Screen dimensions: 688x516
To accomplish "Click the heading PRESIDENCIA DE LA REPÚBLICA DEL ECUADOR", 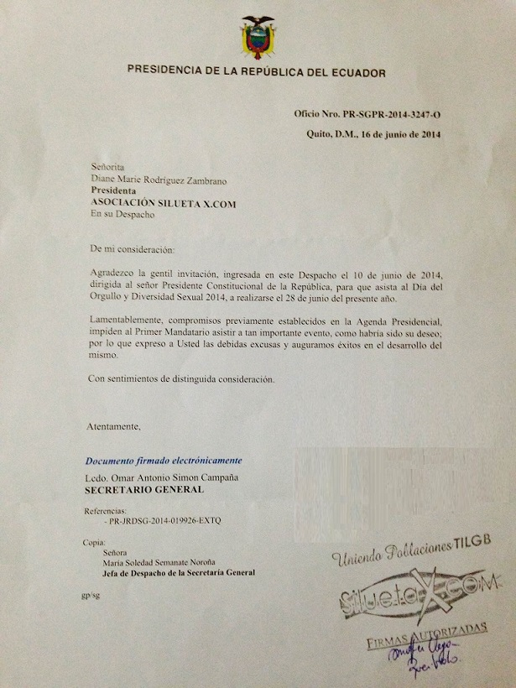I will tap(256, 73).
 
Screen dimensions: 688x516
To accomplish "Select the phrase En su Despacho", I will tap(122, 214).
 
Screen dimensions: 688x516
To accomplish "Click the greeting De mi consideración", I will tap(137, 250).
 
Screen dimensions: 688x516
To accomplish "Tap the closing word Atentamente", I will tap(114, 426).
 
